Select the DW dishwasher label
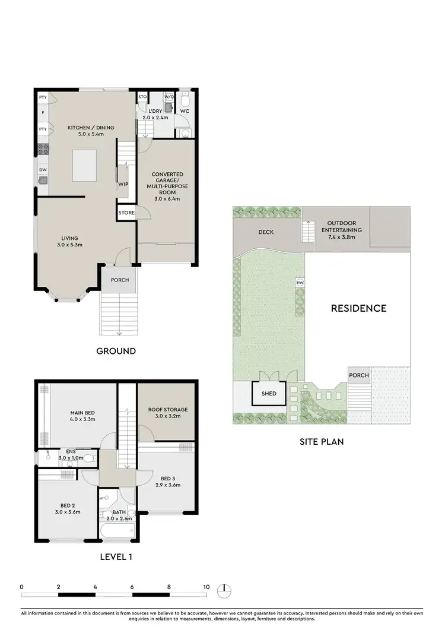[43, 169]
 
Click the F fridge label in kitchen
[43, 112]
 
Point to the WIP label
[123, 184]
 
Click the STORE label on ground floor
[126, 213]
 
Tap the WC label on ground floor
[185, 111]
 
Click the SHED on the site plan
[269, 393]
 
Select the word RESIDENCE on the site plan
[358, 308]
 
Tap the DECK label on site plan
[266, 232]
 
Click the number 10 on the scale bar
[206, 587]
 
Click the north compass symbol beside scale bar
[225, 590]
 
